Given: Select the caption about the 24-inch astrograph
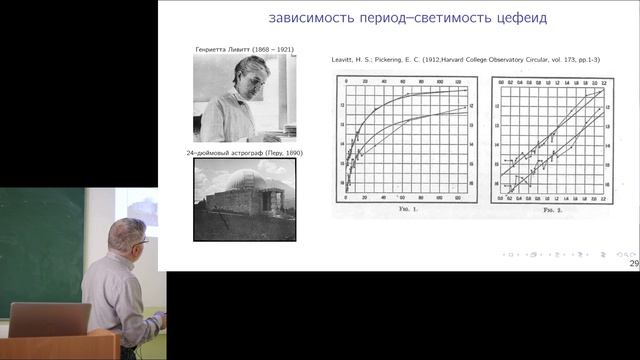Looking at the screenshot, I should click(244, 153).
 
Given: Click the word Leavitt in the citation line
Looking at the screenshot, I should click(345, 60).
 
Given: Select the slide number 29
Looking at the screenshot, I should click(633, 263).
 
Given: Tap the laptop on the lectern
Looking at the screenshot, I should click(50, 320).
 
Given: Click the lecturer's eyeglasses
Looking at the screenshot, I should click(141, 240).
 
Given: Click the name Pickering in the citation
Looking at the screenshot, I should click(388, 60).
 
